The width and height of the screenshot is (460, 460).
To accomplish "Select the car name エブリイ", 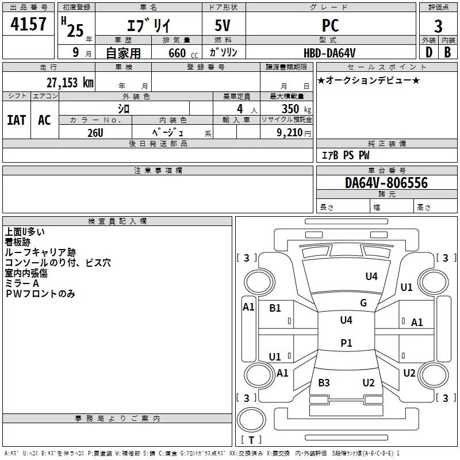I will pyautogui.click(x=148, y=25).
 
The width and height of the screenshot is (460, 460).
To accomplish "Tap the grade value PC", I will pyautogui.click(x=331, y=25).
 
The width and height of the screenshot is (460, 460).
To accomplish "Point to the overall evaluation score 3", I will pyautogui.click(x=438, y=26).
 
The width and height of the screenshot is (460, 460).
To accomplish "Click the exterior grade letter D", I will pyautogui.click(x=428, y=52).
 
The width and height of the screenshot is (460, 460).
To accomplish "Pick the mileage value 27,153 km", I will pyautogui.click(x=70, y=82).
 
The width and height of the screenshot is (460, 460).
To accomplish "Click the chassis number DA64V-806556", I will pyautogui.click(x=386, y=183).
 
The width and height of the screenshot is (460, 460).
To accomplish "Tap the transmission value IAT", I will pyautogui.click(x=16, y=120).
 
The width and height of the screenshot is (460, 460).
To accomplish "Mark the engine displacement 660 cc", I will pyautogui.click(x=174, y=53).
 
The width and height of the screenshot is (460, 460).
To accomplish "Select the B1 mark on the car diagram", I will pyautogui.click(x=275, y=308).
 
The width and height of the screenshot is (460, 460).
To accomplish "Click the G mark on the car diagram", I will pyautogui.click(x=363, y=303).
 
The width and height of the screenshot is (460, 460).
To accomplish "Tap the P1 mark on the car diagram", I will pyautogui.click(x=346, y=343).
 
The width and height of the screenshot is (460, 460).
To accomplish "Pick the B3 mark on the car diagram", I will pyautogui.click(x=324, y=382).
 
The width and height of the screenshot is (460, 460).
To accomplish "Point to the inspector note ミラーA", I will pyautogui.click(x=22, y=283).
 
